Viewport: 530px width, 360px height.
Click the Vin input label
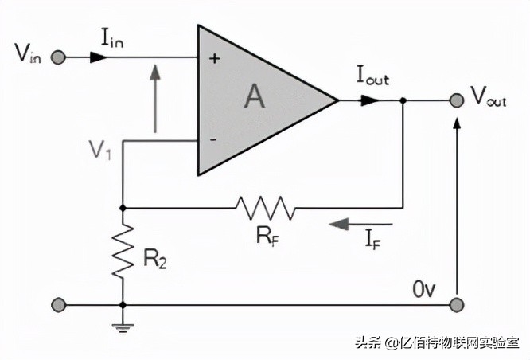coord(27,55)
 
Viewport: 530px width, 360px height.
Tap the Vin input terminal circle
coord(57,57)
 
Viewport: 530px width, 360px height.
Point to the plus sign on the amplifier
coord(212,58)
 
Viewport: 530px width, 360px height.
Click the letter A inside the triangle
coord(254,97)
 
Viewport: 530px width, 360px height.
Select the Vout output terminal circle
coord(456,100)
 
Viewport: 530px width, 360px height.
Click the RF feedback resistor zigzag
coord(265,208)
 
